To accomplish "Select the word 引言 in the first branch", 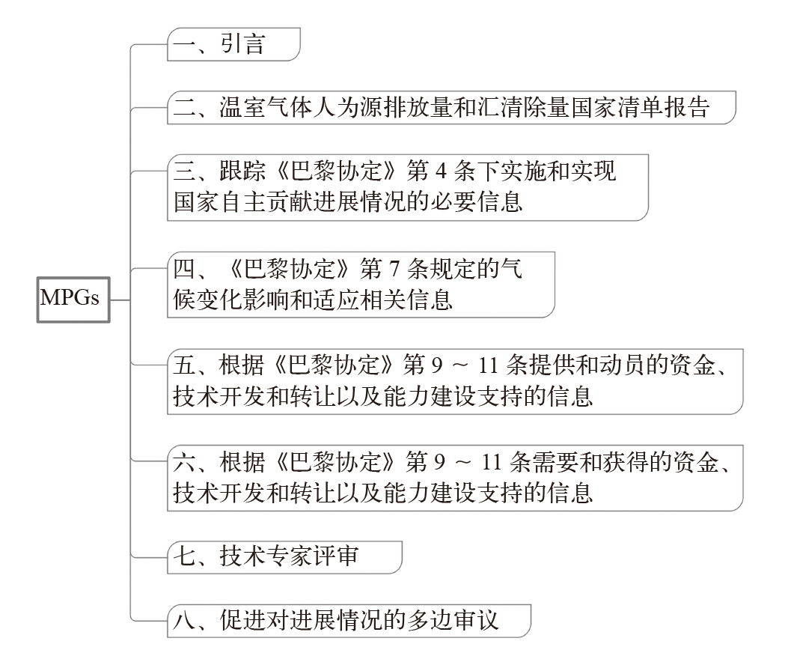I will coord(242,45).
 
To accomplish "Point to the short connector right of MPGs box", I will coord(120,300).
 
